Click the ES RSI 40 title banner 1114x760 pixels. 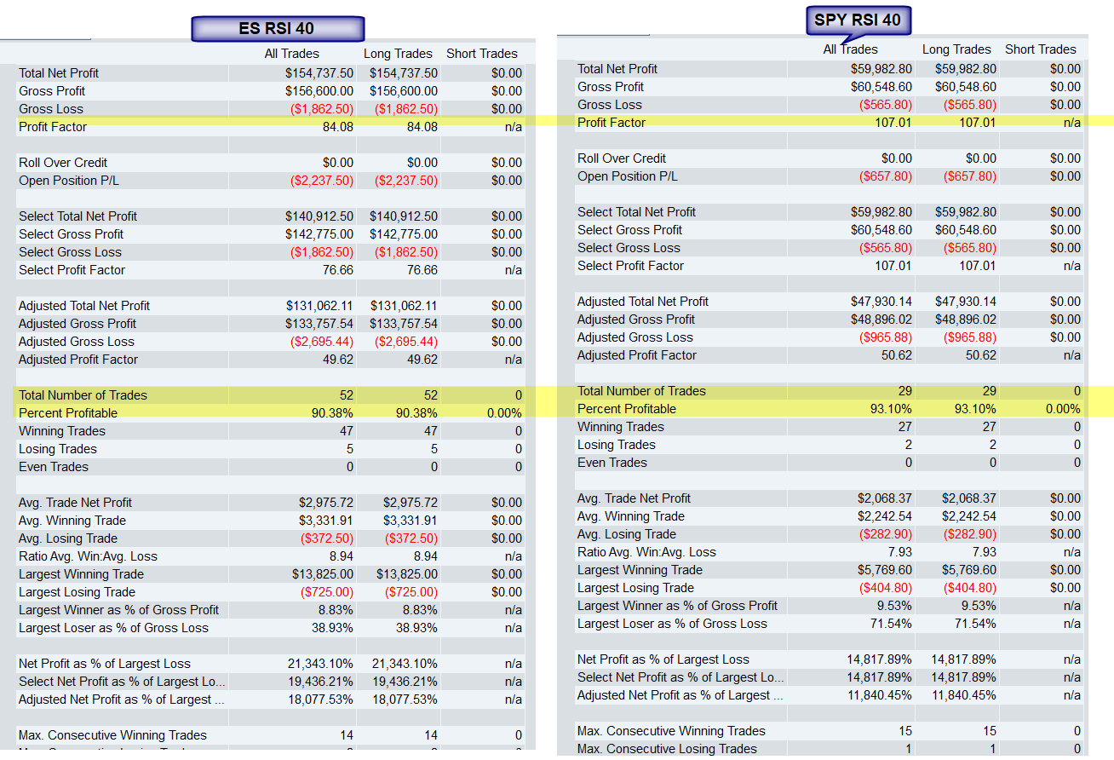(x=278, y=28)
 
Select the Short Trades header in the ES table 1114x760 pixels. (x=481, y=53)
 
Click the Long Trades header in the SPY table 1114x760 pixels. (x=956, y=49)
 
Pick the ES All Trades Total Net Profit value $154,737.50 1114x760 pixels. (x=319, y=73)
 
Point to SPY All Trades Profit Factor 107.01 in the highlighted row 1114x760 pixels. (x=893, y=123)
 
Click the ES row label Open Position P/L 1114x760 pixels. (x=69, y=181)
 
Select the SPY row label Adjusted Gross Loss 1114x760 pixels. (x=635, y=337)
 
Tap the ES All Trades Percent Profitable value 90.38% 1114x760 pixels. (x=332, y=413)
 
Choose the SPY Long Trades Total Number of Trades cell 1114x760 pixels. (x=989, y=391)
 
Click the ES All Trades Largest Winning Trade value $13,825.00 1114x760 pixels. (x=323, y=574)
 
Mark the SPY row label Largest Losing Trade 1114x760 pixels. (x=635, y=588)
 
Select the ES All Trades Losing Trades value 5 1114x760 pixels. (x=350, y=449)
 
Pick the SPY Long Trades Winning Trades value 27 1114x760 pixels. (x=989, y=427)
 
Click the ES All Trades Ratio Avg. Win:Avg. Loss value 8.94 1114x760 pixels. (x=338, y=556)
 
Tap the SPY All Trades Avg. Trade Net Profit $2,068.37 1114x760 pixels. (x=884, y=498)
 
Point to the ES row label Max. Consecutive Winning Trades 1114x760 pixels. (x=112, y=735)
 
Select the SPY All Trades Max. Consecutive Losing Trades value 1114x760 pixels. (x=908, y=749)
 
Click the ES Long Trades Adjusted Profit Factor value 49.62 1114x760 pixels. (x=422, y=359)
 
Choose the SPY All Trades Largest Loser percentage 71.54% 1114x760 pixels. (x=891, y=624)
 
